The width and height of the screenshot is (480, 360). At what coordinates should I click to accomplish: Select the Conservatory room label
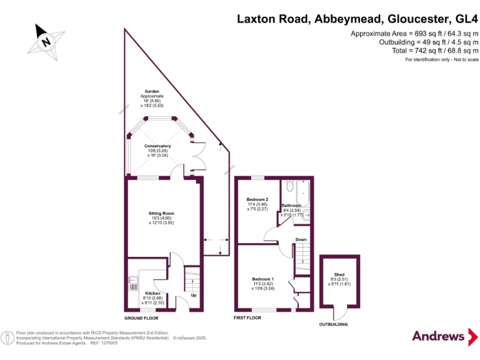(157, 146)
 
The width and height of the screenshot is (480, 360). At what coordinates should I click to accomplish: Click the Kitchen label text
(152, 293)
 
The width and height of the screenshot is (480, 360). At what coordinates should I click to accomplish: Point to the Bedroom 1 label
(262, 279)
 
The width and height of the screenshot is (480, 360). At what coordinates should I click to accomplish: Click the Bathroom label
(291, 206)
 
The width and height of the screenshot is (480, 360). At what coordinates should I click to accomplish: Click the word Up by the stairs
(194, 296)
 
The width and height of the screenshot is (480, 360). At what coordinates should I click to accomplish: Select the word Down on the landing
(301, 239)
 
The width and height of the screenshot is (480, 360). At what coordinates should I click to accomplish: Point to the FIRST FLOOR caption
(247, 317)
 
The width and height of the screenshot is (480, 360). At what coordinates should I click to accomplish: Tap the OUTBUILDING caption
(333, 324)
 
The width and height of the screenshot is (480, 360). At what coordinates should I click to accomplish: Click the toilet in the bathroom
(289, 186)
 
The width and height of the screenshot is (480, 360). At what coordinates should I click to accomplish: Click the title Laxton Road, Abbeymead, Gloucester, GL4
(357, 19)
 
